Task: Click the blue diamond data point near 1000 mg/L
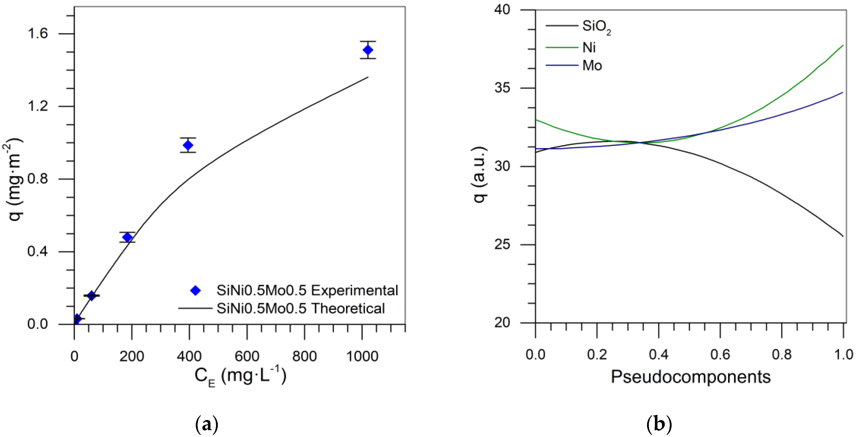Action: point(368,50)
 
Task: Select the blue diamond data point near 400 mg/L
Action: point(188,145)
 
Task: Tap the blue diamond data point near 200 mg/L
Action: point(127,237)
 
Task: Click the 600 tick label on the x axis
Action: point(247,356)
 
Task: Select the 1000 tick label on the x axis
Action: point(362,356)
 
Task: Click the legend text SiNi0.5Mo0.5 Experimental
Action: point(307,291)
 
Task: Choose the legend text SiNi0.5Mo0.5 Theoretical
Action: point(301,309)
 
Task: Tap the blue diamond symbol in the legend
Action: point(195,291)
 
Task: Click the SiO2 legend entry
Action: point(596,26)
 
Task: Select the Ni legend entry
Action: point(589,48)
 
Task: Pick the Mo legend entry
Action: point(592,66)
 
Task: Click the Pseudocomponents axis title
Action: point(691,377)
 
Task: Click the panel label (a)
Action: point(207,424)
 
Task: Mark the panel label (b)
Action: point(659,424)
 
